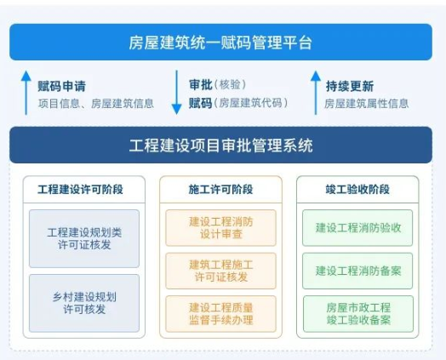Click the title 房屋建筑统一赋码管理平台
tap(220, 43)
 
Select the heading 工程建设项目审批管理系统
tap(220, 146)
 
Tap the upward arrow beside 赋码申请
tap(26, 93)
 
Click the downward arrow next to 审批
tap(176, 93)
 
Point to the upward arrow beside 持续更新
tap(316, 93)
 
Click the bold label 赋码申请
tap(62, 86)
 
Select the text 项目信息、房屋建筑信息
tap(96, 104)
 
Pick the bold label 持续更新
tap(350, 86)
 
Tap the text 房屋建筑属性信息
tap(366, 104)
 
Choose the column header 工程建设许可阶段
tap(80, 190)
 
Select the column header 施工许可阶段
tap(220, 190)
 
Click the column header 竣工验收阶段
tap(357, 190)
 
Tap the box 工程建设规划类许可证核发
tap(84, 238)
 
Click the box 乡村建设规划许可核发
tap(84, 303)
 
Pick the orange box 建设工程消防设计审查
tap(220, 228)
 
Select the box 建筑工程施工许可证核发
tap(220, 271)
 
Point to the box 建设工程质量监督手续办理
tap(220, 314)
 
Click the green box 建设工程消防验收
tap(357, 228)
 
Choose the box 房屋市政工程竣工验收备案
tap(358, 314)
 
